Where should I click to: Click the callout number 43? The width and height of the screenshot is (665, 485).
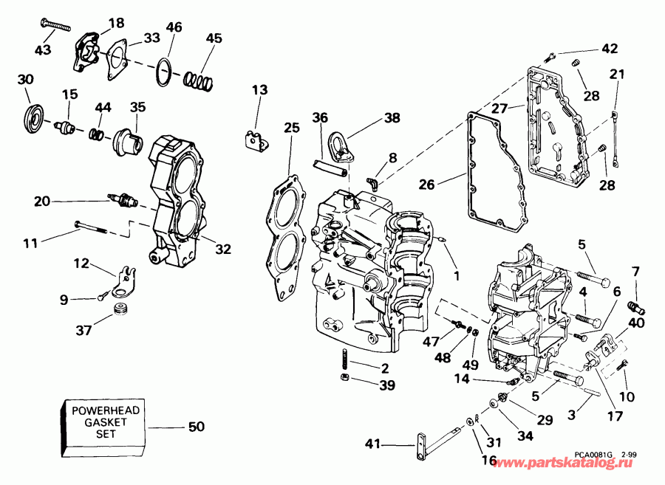tap(44, 49)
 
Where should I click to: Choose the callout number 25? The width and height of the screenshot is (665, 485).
tap(292, 128)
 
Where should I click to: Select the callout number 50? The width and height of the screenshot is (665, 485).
tap(196, 427)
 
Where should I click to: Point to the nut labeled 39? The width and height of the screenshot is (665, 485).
tap(345, 379)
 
